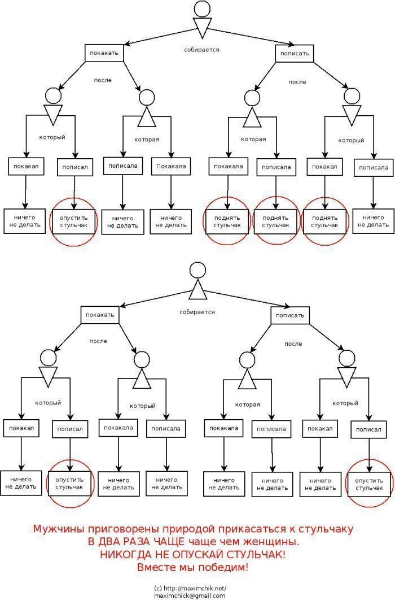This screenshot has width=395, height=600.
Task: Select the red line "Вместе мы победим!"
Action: [x=193, y=567]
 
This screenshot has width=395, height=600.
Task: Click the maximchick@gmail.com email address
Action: [x=190, y=595]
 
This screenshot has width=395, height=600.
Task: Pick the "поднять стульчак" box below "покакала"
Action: [x=227, y=221]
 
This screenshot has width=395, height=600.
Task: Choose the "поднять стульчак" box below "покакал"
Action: [x=324, y=221]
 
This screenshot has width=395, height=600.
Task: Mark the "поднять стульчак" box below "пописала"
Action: [x=276, y=221]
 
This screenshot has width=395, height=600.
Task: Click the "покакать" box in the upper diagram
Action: [x=104, y=53]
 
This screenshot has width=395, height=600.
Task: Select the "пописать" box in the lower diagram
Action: [x=291, y=315]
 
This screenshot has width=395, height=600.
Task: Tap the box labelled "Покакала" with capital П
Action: [x=171, y=167]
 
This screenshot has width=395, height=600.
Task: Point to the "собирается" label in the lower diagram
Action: [x=197, y=312]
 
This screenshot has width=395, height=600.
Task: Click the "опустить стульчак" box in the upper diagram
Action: [x=74, y=221]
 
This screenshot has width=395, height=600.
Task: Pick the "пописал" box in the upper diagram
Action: [x=75, y=167]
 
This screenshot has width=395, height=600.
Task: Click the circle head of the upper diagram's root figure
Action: [x=202, y=9]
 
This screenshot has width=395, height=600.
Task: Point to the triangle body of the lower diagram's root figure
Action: [x=198, y=290]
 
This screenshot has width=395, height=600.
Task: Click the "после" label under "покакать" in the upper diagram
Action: [x=103, y=80]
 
